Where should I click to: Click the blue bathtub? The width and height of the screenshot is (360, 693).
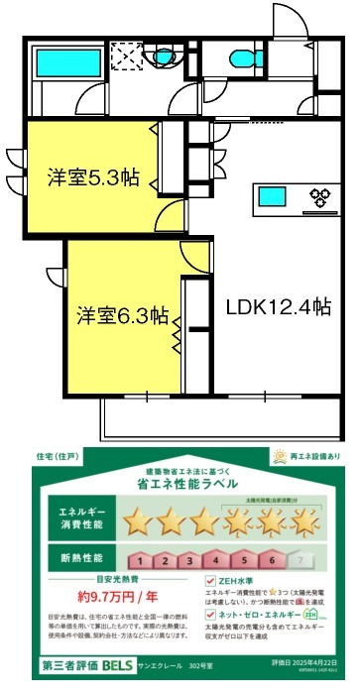[60, 62]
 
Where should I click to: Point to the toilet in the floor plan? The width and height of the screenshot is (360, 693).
[238, 57]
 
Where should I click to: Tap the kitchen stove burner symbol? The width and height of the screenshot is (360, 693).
[321, 195]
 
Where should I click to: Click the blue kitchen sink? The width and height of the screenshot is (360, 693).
[273, 194]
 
